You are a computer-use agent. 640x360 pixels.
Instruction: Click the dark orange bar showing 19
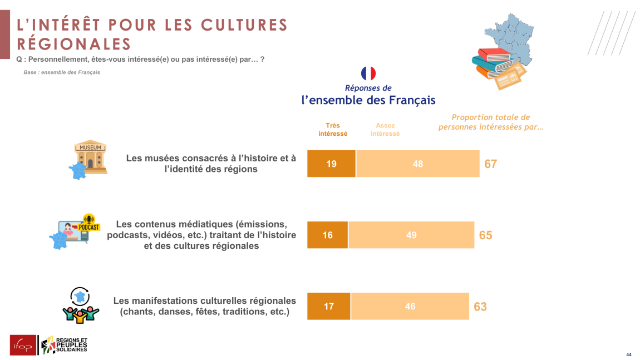(x=331, y=164)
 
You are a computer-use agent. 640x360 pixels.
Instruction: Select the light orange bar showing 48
(x=417, y=164)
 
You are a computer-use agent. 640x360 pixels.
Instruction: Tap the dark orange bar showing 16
(x=328, y=235)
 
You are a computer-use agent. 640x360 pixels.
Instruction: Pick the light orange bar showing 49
(x=411, y=235)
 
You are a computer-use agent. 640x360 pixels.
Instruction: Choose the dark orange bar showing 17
(x=329, y=306)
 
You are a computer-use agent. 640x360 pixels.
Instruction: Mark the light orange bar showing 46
(x=410, y=306)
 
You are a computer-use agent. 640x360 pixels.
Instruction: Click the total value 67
(x=490, y=164)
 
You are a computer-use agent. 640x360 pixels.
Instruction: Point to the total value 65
(x=485, y=235)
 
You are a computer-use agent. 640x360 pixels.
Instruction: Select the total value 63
(x=480, y=307)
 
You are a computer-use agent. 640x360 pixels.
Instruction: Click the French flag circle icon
(x=368, y=73)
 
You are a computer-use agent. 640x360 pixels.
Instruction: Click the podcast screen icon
(x=75, y=230)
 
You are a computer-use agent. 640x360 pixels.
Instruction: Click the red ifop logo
(x=23, y=345)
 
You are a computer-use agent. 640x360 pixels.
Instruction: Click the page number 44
(x=628, y=354)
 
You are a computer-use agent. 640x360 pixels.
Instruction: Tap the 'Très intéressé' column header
(x=333, y=130)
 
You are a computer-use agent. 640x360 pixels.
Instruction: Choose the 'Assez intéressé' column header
(x=385, y=130)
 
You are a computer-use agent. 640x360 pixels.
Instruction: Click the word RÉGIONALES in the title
(x=74, y=43)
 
